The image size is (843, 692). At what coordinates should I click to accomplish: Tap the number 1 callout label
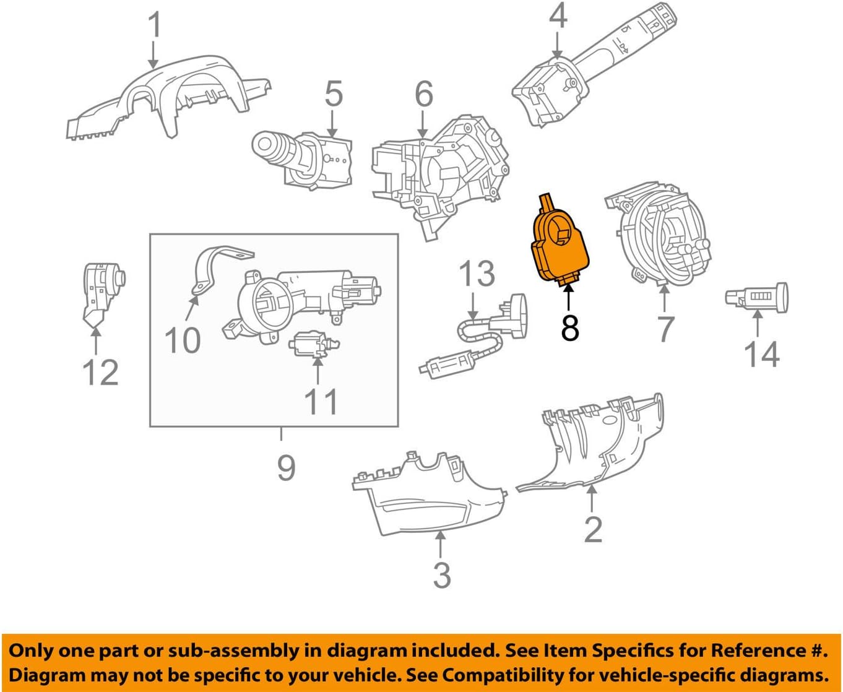point(154,27)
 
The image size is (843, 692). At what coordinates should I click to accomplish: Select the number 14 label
point(761,355)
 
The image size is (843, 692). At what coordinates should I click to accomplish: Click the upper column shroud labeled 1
point(167,99)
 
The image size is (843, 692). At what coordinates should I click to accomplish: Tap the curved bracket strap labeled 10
point(214,266)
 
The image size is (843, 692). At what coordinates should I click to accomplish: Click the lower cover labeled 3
point(427,495)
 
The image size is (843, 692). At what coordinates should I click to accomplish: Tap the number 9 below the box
point(286,467)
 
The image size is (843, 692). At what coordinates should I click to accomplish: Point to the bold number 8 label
point(569,328)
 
